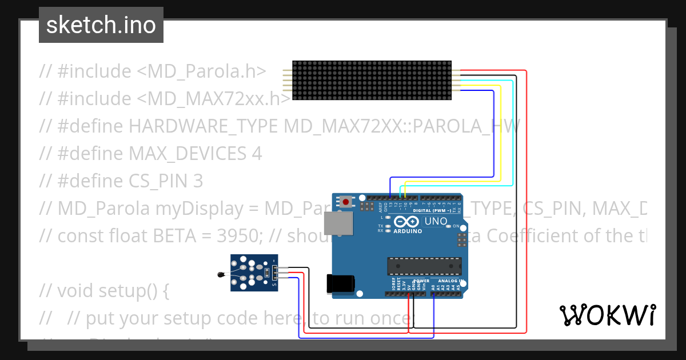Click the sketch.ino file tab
pyautogui.click(x=101, y=25)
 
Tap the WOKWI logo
pyautogui.click(x=607, y=315)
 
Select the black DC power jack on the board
pyautogui.click(x=340, y=284)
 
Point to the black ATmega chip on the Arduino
pyautogui.click(x=424, y=266)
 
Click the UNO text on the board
pyautogui.click(x=436, y=221)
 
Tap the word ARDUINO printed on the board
pyautogui.click(x=408, y=231)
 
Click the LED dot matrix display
pyautogui.click(x=372, y=81)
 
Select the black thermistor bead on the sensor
pyautogui.click(x=221, y=275)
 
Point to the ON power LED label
pyautogui.click(x=456, y=226)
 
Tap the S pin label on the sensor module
pyautogui.click(x=274, y=284)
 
